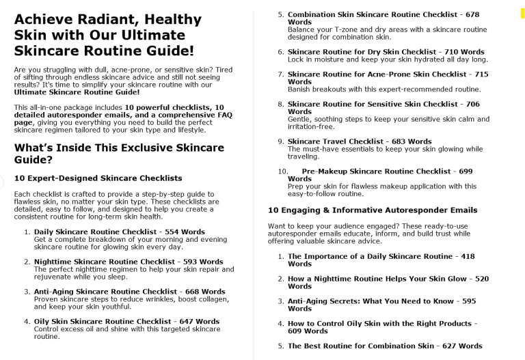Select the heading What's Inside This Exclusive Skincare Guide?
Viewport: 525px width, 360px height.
[119, 153]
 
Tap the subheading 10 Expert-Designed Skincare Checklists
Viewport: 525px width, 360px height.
[98, 178]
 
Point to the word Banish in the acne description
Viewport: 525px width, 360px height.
[299, 89]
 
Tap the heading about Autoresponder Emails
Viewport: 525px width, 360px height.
[373, 210]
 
